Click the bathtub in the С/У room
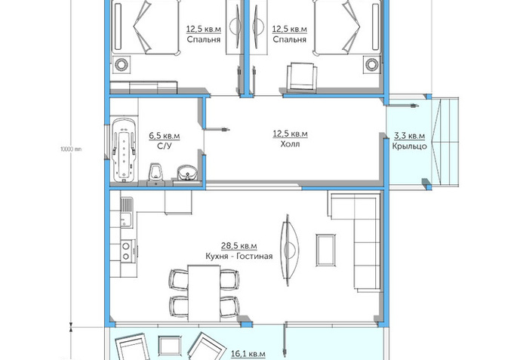[124, 150]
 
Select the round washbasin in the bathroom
[187, 173]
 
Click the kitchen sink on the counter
[126, 212]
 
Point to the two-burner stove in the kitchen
[126, 251]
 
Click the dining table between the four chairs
[204, 293]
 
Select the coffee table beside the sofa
[325, 250]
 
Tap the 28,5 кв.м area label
[239, 245]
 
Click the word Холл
[290, 144]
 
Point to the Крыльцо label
[409, 146]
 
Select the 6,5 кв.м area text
[165, 135]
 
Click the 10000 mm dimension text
[71, 149]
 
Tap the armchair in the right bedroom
[302, 77]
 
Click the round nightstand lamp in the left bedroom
[122, 64]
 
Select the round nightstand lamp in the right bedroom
[372, 64]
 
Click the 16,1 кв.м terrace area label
[248, 354]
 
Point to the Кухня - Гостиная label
[239, 256]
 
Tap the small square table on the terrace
[170, 346]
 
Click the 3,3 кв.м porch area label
[409, 135]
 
